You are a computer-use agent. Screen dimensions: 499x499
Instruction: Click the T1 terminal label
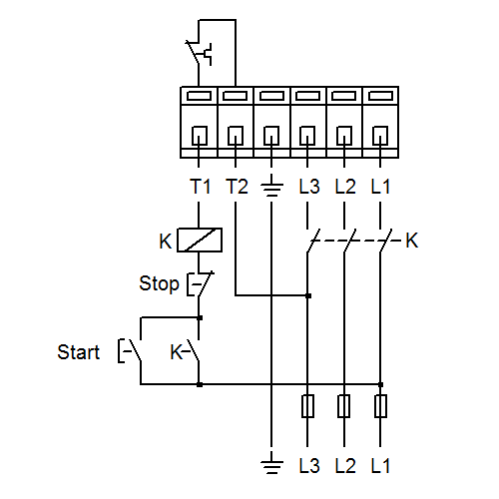[x=201, y=187]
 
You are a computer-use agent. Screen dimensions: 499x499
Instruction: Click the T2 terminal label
[x=237, y=187]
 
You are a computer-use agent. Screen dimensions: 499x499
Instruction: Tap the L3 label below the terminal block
[x=309, y=187]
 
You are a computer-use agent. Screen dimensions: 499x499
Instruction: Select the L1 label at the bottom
[x=380, y=466]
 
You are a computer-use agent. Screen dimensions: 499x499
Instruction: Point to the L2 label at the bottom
[x=345, y=466]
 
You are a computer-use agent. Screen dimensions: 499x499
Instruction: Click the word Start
[x=79, y=352]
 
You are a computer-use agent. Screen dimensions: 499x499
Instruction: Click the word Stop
[x=159, y=283]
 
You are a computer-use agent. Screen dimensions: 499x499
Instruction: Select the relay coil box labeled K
[x=200, y=240]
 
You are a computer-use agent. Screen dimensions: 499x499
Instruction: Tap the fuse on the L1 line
[x=380, y=406]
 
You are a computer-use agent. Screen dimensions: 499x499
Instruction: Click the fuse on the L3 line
[x=307, y=406]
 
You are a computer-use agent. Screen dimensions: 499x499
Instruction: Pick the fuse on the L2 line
[x=343, y=406]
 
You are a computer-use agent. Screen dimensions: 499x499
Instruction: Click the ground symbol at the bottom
[x=271, y=462]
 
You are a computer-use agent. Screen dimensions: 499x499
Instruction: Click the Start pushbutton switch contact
[x=130, y=350]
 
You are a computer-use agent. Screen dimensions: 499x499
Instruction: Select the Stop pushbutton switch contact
[x=200, y=283]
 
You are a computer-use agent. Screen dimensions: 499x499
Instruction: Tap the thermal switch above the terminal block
[x=199, y=53]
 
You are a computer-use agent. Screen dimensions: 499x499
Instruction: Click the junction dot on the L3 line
[x=308, y=295]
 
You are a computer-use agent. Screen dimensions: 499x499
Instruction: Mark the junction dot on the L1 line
[x=380, y=384]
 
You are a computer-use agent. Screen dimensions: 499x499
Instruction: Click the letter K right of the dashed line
[x=411, y=241]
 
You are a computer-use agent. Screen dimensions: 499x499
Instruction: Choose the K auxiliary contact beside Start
[x=185, y=351]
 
